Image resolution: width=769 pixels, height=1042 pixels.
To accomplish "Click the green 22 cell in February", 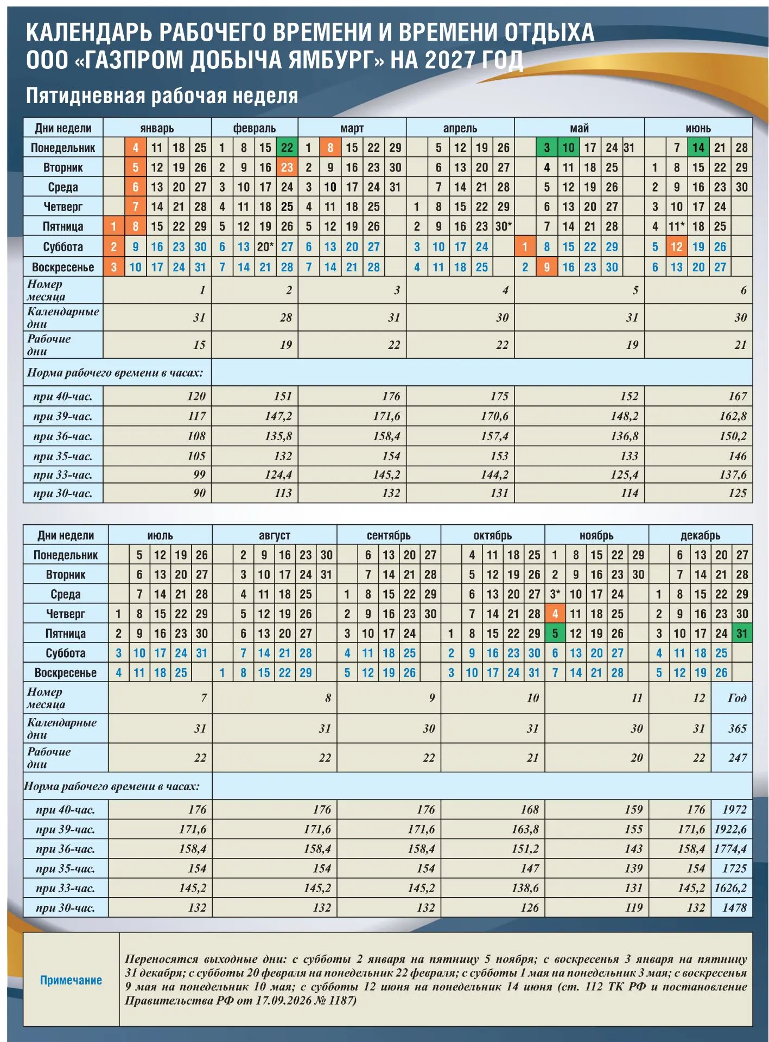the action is [287, 148].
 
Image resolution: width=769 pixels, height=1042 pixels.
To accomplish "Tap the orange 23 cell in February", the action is [287, 167].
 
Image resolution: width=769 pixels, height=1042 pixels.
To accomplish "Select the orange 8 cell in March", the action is [330, 148].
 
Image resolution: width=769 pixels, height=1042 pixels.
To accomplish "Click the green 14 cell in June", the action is [698, 148].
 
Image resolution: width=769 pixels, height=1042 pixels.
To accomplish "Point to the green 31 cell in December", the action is [742, 633].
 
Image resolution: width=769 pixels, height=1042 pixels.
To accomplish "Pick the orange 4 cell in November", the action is [555, 614].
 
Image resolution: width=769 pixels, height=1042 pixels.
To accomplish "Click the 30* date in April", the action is [503, 226].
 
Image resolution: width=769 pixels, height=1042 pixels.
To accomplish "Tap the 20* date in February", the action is [265, 246].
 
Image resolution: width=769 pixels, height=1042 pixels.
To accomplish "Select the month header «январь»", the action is [157, 128].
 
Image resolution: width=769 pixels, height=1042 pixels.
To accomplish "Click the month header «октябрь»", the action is [492, 535].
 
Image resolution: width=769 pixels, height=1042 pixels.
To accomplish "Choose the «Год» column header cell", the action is [737, 698].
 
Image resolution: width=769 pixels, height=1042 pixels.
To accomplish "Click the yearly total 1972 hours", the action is [734, 809].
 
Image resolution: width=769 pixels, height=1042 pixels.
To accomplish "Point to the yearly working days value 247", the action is [738, 758].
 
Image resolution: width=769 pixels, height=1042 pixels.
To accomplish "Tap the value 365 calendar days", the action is [738, 728].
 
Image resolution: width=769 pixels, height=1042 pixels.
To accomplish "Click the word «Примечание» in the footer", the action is [71, 980].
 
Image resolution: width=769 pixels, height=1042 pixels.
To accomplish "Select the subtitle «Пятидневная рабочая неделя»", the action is [162, 96].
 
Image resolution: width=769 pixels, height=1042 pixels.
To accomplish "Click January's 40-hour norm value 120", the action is [196, 396].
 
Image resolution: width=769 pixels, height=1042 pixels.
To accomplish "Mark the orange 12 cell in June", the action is [676, 246].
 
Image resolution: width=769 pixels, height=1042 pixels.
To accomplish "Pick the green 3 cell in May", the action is [546, 148].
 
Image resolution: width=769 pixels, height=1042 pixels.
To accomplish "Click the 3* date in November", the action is [555, 594].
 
